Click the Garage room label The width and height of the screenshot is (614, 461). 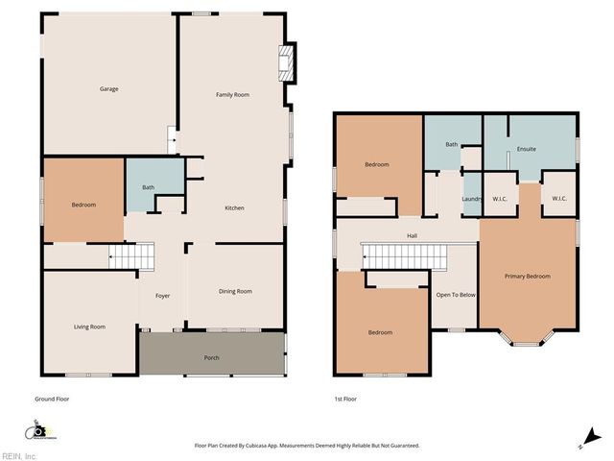(109, 89)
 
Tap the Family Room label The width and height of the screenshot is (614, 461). (232, 94)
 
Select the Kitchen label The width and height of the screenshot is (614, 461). (234, 208)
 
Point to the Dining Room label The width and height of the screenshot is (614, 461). (235, 291)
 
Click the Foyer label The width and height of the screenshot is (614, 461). (162, 296)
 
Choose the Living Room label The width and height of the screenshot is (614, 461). (89, 327)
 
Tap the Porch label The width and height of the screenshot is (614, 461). (211, 358)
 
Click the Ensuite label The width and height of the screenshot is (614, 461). (526, 149)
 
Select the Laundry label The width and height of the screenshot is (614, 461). (471, 199)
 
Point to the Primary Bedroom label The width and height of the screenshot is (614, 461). (528, 277)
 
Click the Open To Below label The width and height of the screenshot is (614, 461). (455, 295)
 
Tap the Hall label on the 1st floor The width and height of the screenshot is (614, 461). (412, 235)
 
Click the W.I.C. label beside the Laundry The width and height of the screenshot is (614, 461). (499, 199)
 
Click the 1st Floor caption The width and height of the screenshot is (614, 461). (344, 399)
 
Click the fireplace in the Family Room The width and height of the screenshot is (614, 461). (285, 64)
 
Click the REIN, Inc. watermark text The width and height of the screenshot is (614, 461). (19, 456)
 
